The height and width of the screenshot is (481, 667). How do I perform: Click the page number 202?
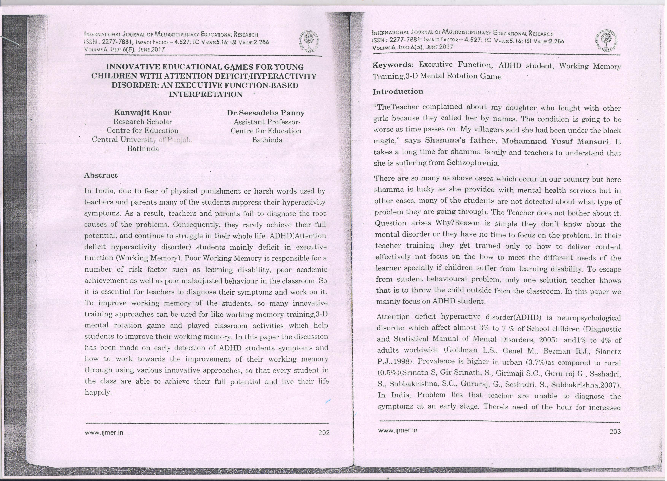[324, 433]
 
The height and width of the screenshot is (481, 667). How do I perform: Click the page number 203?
[615, 432]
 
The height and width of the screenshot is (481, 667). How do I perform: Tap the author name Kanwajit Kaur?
[143, 112]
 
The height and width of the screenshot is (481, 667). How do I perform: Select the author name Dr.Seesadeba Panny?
[266, 113]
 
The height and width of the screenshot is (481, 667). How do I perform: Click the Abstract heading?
[101, 175]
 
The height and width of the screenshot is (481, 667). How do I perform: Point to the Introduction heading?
[398, 92]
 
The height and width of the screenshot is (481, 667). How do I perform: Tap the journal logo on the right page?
[606, 41]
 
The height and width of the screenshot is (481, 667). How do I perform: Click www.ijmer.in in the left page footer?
[104, 432]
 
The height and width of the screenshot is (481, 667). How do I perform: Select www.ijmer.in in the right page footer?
[398, 430]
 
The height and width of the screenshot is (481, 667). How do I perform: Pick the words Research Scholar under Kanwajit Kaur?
[143, 122]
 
